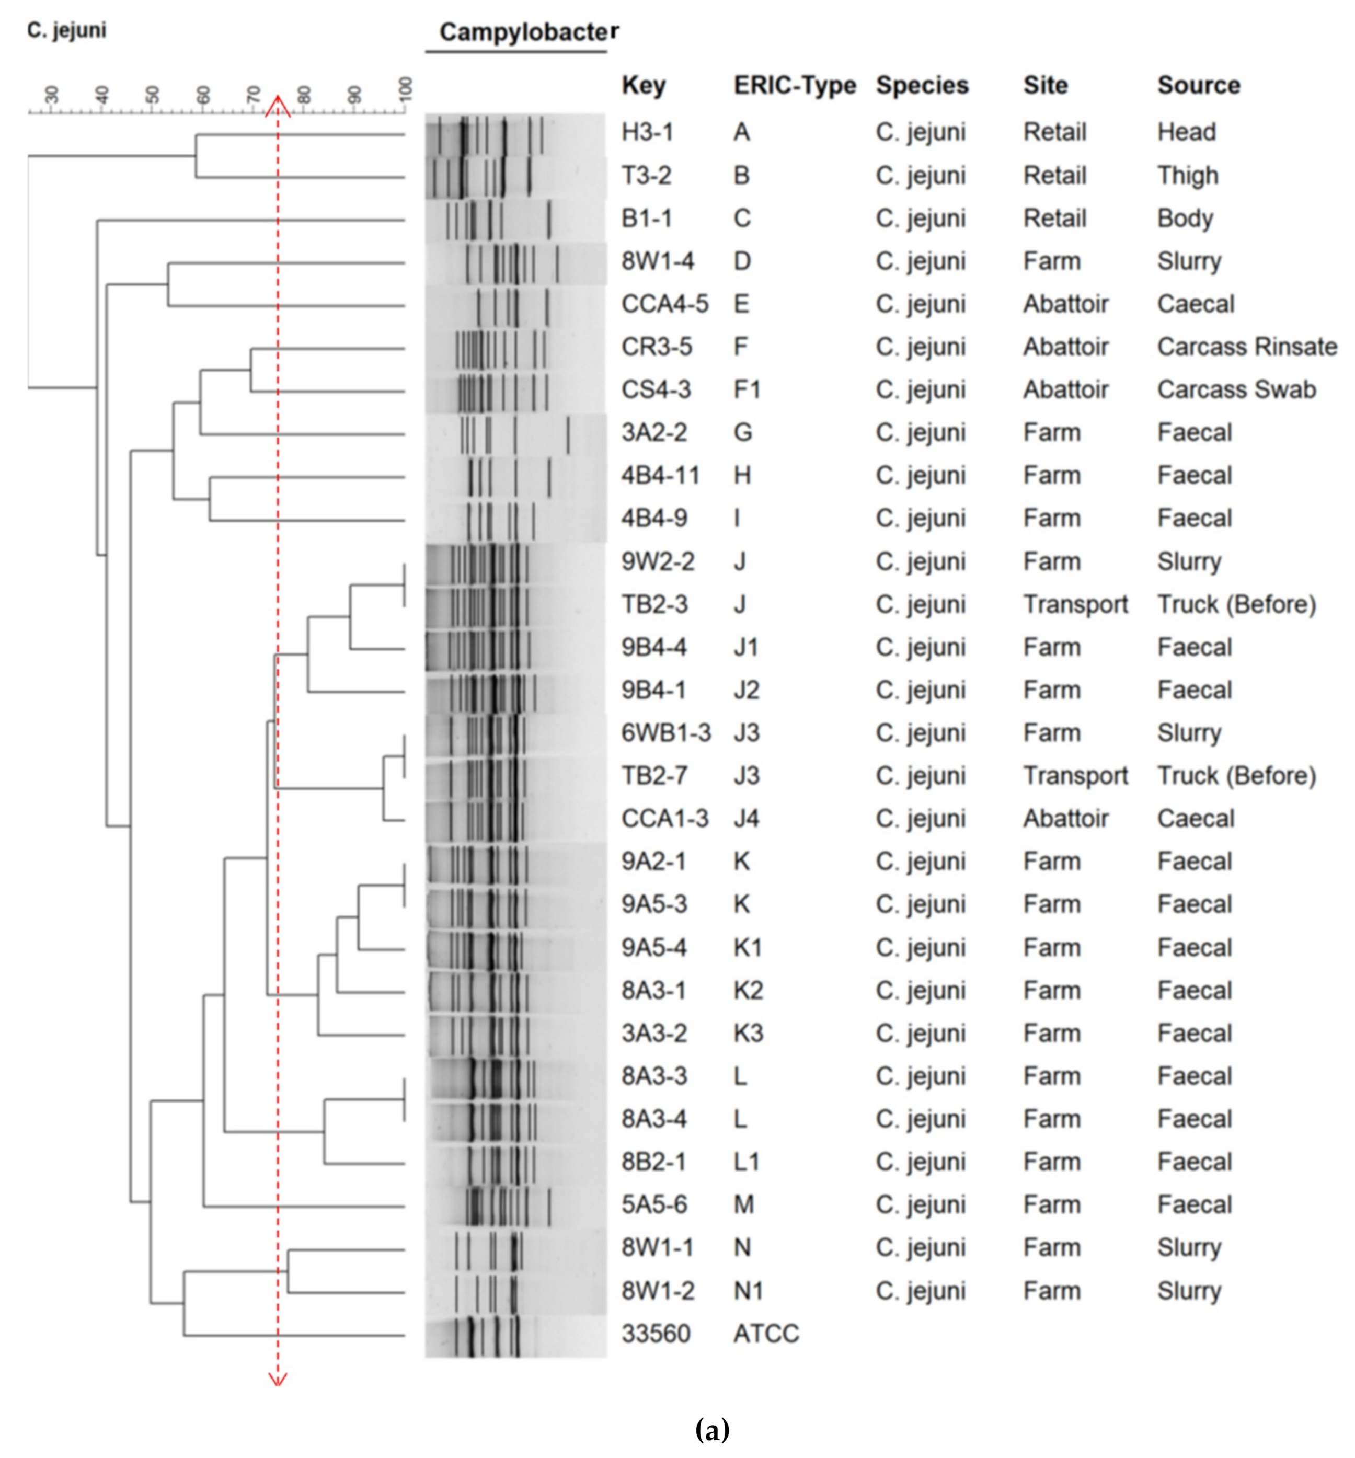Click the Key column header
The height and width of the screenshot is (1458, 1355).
pos(643,85)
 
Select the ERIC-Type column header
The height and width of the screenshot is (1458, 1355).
pos(794,85)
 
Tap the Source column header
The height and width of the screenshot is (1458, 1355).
pos(1198,85)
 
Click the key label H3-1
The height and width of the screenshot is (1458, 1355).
pos(647,132)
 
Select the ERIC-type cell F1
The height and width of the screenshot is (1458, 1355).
pos(747,389)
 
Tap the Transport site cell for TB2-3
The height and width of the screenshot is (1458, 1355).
pos(1075,604)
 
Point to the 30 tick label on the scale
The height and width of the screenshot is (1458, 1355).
pos(51,94)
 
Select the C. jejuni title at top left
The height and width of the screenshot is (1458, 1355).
pos(67,30)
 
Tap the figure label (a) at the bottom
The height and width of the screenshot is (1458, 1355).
pos(711,1429)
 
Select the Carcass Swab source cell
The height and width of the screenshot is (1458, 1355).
pos(1236,389)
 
